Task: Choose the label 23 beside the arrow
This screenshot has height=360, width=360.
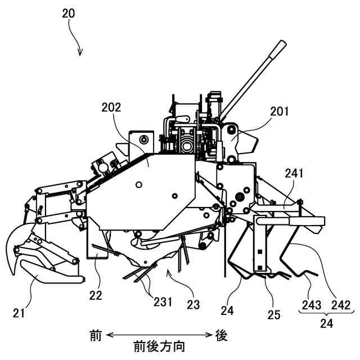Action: coord(193,304)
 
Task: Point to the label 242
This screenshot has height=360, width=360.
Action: coord(340,304)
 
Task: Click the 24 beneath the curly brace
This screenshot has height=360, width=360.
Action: coord(325,324)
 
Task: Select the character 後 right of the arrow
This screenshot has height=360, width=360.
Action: coord(221,335)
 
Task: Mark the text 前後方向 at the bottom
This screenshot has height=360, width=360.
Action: coord(159,345)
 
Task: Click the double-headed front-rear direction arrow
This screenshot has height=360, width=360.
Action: coord(159,335)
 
